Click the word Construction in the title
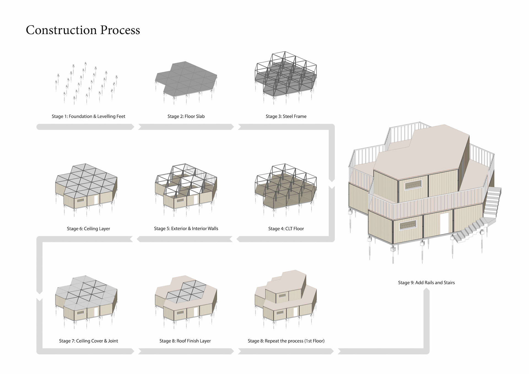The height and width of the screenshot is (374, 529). coord(61,30)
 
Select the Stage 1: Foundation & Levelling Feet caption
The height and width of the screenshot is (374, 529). coord(88,116)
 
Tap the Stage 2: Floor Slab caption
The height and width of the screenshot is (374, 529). coord(186,116)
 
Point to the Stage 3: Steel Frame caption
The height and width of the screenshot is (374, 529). coord(286,116)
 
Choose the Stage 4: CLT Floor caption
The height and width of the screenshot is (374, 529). coord(286,228)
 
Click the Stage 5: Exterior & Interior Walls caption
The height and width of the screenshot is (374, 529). coord(186,228)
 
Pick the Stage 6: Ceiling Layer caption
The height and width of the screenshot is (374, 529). coord(88,228)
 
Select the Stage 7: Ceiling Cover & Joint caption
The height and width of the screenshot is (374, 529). coord(88,341)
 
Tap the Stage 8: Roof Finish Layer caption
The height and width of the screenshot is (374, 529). coord(185,341)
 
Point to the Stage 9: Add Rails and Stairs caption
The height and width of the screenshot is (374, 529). coord(426,282)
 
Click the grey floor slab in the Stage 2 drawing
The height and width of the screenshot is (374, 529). coord(186,79)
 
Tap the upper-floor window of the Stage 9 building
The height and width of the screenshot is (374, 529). coord(413,185)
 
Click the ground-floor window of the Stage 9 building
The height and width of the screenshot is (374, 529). coord(407,225)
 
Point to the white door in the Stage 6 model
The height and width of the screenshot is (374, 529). coord(96,199)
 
